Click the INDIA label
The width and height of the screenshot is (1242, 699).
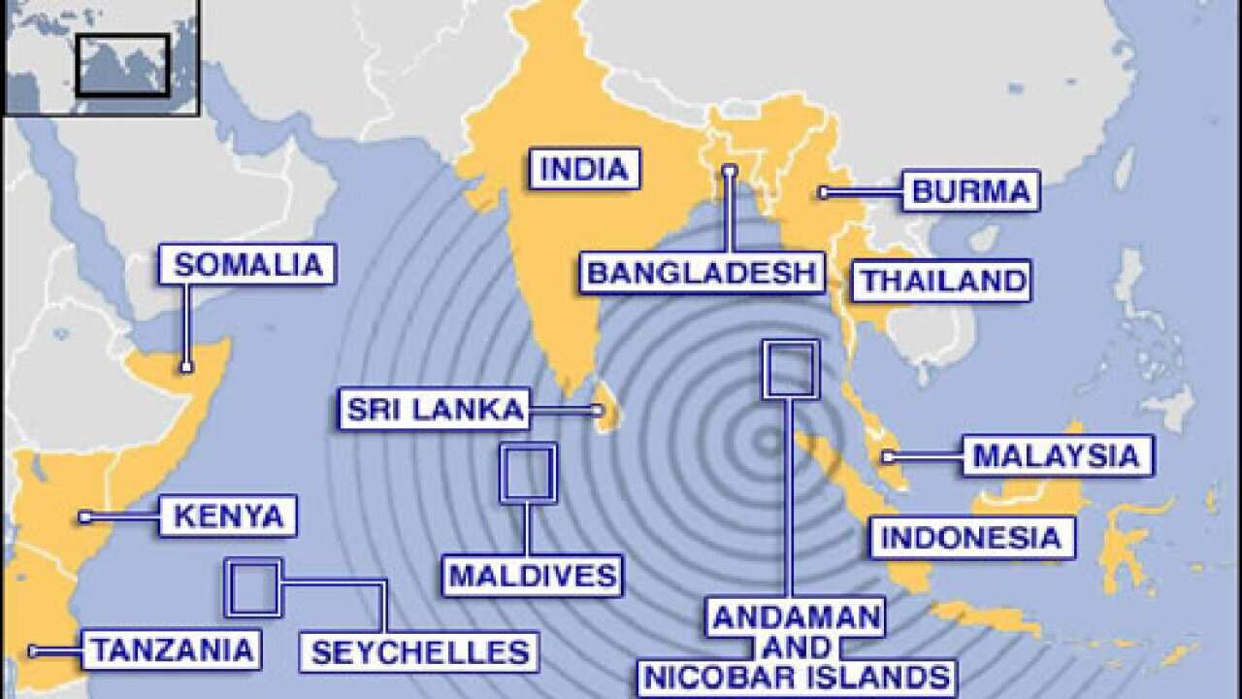pos(584,169)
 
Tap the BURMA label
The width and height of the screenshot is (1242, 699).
pos(971,190)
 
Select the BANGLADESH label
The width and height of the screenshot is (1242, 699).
pos(703,272)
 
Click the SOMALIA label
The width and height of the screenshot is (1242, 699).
pos(247,264)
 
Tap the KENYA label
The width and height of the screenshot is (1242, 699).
pos(228,516)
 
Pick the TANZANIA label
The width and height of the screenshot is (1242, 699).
pos(172,649)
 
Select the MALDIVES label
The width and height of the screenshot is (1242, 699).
pos(533,575)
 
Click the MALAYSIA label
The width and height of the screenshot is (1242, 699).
pos(1057,455)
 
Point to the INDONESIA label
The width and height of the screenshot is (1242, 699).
pos(972,537)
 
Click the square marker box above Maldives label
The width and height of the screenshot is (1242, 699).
pos(529,473)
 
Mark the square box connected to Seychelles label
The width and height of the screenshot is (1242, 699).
pos(253,587)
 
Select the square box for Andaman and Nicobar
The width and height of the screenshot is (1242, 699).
pos(791,369)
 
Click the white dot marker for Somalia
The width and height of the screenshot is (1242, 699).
pos(186,367)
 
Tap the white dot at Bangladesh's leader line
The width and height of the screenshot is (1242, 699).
pos(729,171)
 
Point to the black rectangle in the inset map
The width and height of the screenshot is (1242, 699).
pos(123,65)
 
